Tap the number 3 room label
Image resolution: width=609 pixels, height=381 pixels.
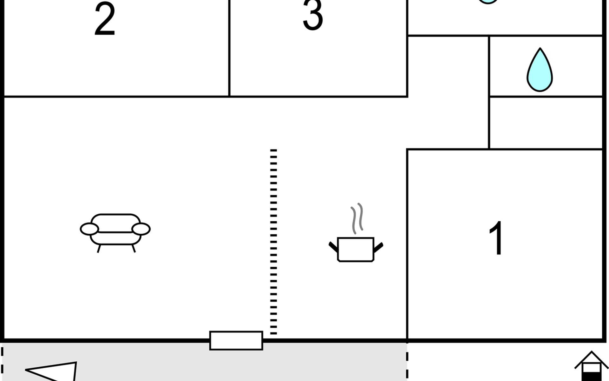[313, 15]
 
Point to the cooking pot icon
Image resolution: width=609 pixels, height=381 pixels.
[356, 249]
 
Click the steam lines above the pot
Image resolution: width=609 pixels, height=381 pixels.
[357, 218]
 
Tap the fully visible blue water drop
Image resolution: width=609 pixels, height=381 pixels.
[540, 70]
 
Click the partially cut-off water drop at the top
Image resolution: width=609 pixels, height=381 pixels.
[488, 2]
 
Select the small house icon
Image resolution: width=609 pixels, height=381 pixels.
[591, 366]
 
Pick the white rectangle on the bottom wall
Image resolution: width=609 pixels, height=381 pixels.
[236, 341]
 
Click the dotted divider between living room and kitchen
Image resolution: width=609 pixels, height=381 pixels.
[273, 242]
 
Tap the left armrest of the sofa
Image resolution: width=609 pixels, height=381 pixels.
[89, 229]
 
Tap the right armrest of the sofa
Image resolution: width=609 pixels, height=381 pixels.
[141, 229]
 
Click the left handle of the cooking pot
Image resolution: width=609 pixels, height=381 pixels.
[333, 247]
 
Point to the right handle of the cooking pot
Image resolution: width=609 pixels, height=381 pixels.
[378, 247]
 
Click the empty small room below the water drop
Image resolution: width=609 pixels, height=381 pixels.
[546, 123]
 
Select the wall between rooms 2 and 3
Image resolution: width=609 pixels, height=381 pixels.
[229, 48]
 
